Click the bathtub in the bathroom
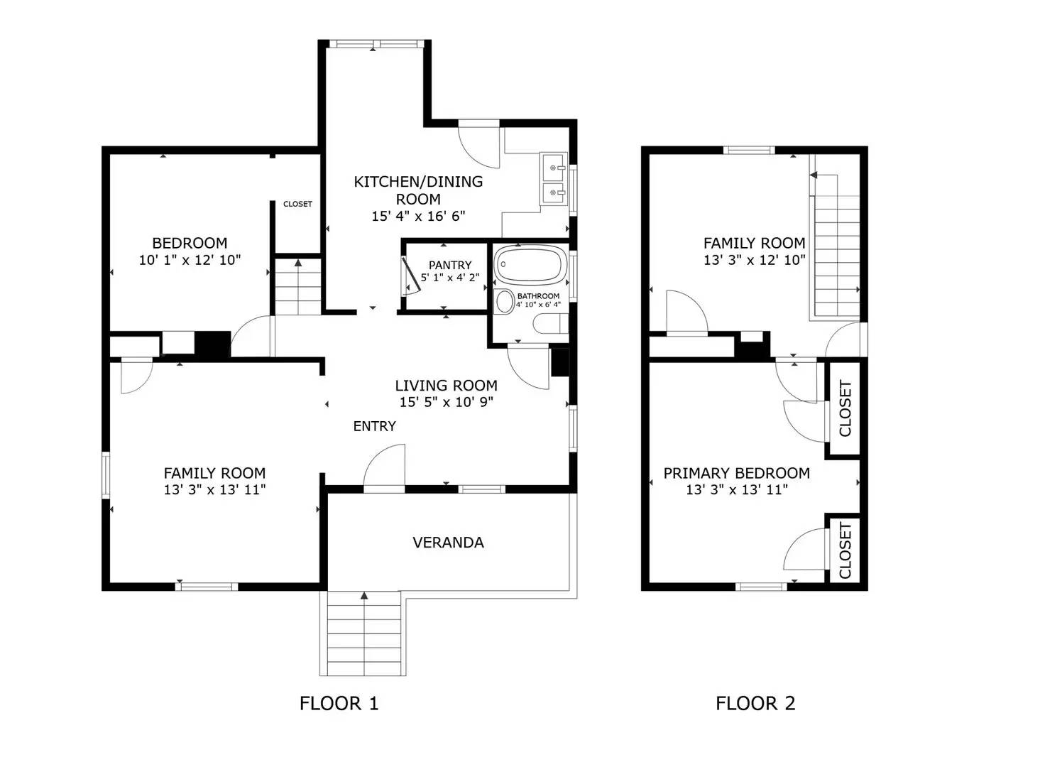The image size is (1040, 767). click(x=530, y=264)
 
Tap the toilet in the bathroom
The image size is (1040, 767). click(x=551, y=323)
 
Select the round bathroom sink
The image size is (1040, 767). click(x=504, y=302)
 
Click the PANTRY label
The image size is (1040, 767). click(x=450, y=266)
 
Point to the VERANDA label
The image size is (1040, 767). click(x=448, y=542)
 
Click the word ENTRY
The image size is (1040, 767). click(x=374, y=426)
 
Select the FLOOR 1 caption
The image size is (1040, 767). click(x=339, y=703)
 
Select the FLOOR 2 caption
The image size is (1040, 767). click(x=755, y=703)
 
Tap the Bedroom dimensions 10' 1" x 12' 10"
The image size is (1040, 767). click(x=190, y=260)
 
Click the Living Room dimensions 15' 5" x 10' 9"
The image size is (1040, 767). click(x=447, y=402)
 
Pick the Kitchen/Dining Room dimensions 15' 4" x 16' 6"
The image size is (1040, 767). click(x=418, y=217)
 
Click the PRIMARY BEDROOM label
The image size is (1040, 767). click(x=737, y=473)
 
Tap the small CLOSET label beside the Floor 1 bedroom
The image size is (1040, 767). click(x=297, y=204)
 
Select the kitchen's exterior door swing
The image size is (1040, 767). click(x=478, y=144)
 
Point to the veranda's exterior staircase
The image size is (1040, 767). click(x=363, y=633)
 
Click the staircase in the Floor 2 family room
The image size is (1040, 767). click(x=836, y=246)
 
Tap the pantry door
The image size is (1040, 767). click(x=411, y=276)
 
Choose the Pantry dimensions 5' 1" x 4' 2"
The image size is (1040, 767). click(x=450, y=278)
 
